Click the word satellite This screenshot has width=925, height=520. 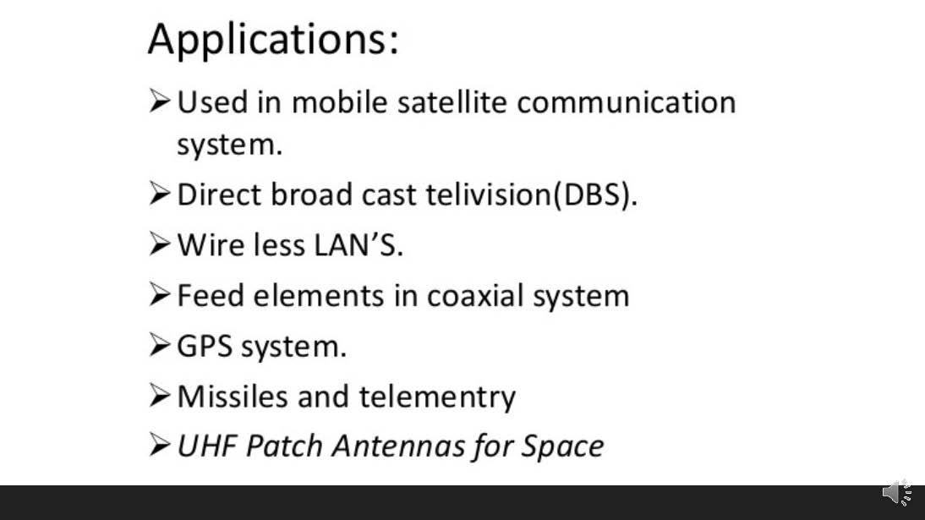(452, 102)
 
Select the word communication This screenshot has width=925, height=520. (627, 102)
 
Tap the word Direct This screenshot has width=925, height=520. (219, 194)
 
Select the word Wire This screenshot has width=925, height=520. (211, 245)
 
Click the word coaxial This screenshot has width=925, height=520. (475, 296)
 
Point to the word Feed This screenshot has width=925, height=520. (210, 296)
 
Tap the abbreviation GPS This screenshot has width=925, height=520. (204, 346)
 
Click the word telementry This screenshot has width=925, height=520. (437, 397)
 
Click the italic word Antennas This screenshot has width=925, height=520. (398, 446)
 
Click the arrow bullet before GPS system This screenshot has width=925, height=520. (160, 345)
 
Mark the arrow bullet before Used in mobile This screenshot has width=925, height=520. (160, 101)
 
